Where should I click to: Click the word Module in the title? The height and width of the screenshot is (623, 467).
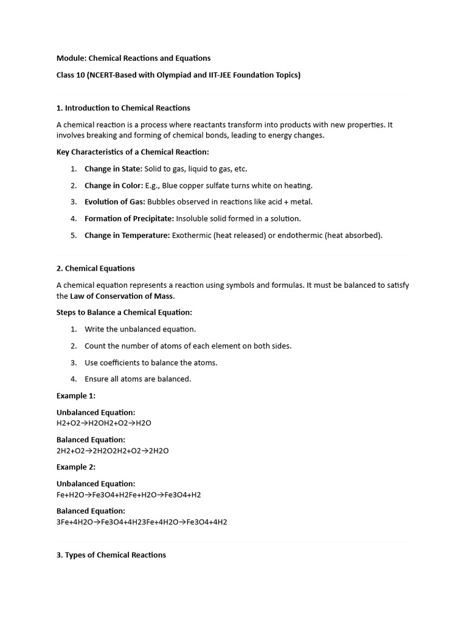click(71, 58)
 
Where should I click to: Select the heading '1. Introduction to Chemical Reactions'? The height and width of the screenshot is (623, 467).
click(123, 108)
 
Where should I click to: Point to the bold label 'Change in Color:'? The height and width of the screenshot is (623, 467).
click(114, 186)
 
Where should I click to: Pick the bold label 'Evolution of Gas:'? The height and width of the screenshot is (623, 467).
click(115, 202)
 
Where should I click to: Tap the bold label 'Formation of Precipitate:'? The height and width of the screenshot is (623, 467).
click(129, 218)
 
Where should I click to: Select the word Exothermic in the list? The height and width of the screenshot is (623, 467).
click(191, 235)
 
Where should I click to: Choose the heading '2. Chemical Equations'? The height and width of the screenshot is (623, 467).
click(95, 268)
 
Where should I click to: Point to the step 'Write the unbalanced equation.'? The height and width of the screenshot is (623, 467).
click(140, 329)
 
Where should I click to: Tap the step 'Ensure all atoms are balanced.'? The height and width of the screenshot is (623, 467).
click(138, 379)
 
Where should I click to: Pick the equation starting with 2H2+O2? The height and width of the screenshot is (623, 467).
click(112, 451)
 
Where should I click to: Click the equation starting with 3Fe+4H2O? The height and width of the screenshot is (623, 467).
click(142, 522)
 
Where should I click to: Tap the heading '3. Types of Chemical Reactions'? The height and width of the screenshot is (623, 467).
click(111, 555)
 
